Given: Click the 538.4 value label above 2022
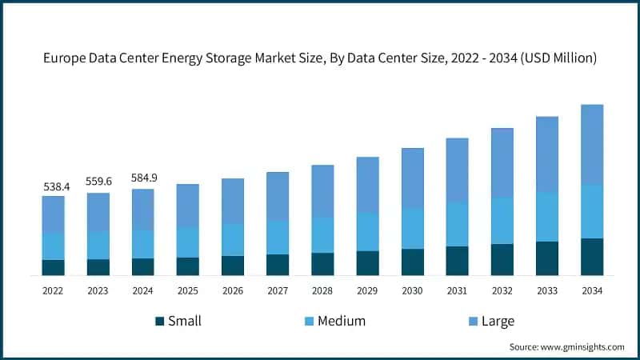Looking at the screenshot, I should tap(56, 186).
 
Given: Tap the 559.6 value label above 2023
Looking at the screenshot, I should tap(98, 182).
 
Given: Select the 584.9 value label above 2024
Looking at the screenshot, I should tap(143, 178).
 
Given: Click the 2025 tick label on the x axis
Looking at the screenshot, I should tap(188, 291).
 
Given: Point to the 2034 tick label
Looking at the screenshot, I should tap(592, 291).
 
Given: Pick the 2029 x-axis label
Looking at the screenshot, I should tap(367, 291).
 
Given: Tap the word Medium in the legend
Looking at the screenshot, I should tap(341, 322).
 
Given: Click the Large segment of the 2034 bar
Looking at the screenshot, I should tap(592, 144).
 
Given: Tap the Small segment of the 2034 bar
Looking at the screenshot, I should tap(592, 256).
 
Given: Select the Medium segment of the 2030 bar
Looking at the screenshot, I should tap(412, 229).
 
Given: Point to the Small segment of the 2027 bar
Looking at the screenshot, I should tap(278, 265).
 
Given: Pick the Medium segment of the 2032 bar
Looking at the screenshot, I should tap(502, 221).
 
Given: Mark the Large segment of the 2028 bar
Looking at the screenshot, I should tap(322, 191).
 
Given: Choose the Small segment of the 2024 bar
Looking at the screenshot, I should tap(143, 266).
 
